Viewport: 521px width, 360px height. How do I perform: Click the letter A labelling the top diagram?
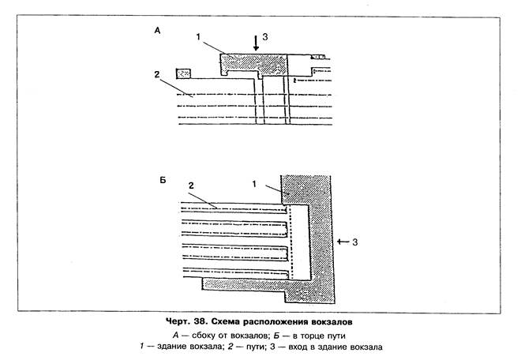[158, 30]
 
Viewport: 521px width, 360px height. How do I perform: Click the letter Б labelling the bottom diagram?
[162, 181]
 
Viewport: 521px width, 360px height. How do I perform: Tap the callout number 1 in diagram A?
[198, 36]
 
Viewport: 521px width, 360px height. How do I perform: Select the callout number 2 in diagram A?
[158, 74]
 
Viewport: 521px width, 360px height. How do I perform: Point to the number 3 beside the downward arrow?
[265, 36]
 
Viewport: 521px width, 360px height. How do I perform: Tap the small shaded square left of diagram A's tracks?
[185, 73]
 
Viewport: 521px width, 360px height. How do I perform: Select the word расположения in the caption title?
[303, 322]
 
